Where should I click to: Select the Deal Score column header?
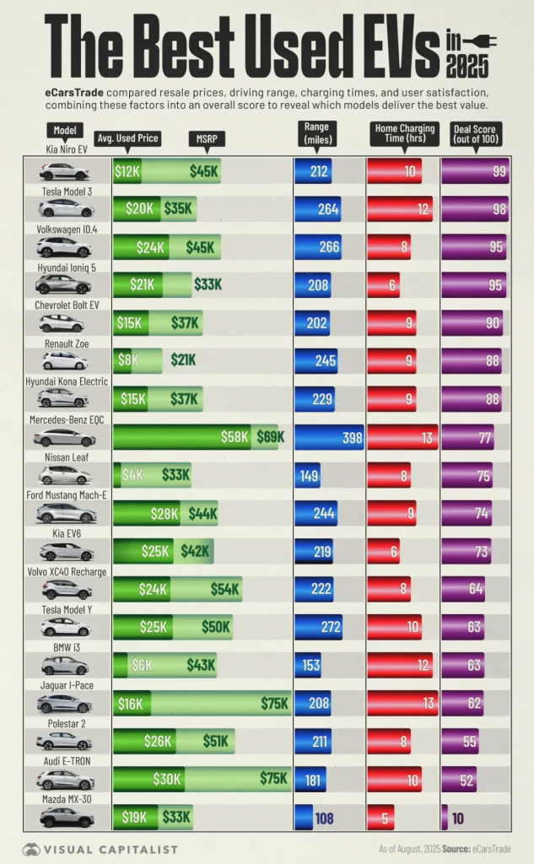pyautogui.click(x=473, y=137)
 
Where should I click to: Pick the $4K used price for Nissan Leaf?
pyautogui.click(x=132, y=475)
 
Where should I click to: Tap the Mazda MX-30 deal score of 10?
pyautogui.click(x=457, y=817)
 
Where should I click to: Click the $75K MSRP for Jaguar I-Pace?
pyautogui.click(x=273, y=703)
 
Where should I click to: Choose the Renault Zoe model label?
pyautogui.click(x=65, y=344)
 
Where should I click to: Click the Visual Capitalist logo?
pyautogui.click(x=100, y=849)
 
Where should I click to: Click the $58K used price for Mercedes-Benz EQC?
pyautogui.click(x=235, y=437)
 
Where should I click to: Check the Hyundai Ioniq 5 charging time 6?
pyautogui.click(x=392, y=285)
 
